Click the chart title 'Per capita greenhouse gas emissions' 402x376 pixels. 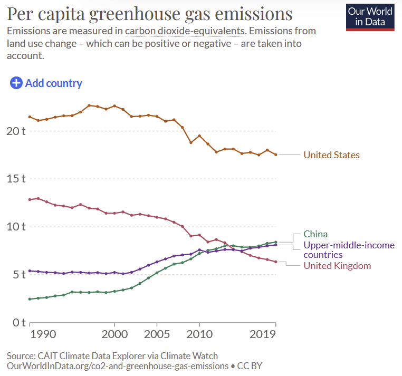coord(150,14)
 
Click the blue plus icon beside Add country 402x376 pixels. coord(16,83)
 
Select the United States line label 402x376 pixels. coord(331,155)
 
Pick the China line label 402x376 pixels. coord(315,234)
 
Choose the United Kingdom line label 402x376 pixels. coord(337,266)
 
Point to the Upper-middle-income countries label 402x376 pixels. coord(338,250)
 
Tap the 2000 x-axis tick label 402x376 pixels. coord(114,334)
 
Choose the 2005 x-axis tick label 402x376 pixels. coord(157,334)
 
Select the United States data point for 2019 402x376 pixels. coord(276,155)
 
